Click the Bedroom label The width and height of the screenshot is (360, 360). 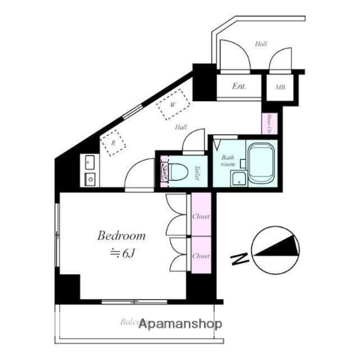pos(121,235)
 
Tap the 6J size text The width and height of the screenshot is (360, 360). pos(124,253)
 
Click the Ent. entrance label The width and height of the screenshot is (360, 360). pos(239,86)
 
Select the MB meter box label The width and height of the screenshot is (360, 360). pos(280,87)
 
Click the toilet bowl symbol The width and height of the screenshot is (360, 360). pos(177,172)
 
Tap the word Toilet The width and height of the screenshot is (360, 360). pos(196,172)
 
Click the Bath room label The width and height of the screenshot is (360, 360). pos(228,160)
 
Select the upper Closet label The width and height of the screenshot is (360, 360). pos(201,216)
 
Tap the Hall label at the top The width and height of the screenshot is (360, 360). pos(260,44)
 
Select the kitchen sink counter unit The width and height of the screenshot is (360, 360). pos(89,170)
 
